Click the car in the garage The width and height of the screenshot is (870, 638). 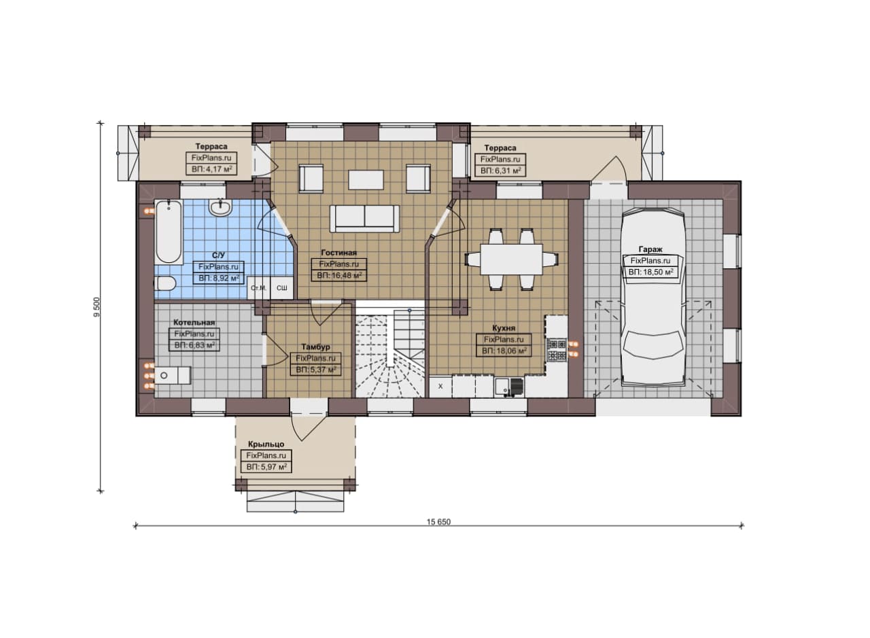click(x=652, y=298)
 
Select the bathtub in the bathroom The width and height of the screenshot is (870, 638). click(x=169, y=232)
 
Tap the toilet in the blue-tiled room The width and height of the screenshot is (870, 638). click(x=164, y=284)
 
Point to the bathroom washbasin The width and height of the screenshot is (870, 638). click(x=221, y=207)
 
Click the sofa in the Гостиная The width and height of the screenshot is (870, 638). click(x=364, y=219)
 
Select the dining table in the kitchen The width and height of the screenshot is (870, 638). click(x=511, y=259)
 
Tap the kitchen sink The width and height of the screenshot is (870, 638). click(x=509, y=387)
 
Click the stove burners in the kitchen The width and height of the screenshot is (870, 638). click(x=557, y=349)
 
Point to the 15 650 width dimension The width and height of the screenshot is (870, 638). click(x=438, y=522)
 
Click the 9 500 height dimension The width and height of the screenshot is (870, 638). click(x=97, y=307)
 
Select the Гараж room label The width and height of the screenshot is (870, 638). click(x=650, y=249)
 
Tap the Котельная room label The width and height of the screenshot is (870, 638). click(x=194, y=322)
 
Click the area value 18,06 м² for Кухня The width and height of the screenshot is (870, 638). click(x=504, y=351)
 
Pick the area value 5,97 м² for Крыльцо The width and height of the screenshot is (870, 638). click(x=266, y=467)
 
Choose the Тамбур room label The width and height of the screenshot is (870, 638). click(x=316, y=347)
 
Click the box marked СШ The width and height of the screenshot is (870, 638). click(x=282, y=287)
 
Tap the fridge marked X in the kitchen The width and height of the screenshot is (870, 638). click(x=440, y=387)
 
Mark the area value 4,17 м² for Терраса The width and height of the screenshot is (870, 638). click(x=211, y=169)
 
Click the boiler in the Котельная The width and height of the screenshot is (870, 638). click(x=173, y=376)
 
